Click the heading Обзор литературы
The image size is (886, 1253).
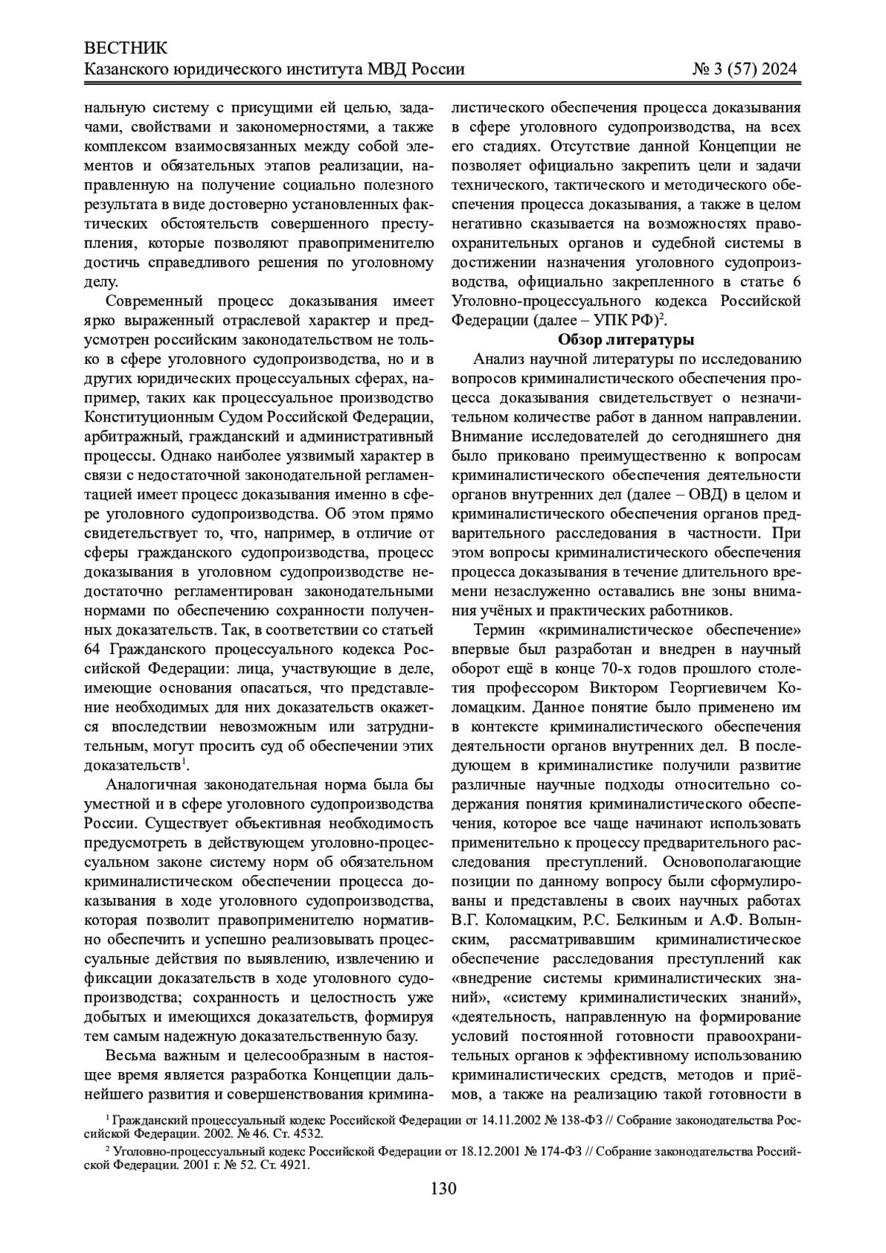point(626,340)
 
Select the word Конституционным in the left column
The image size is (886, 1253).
point(144,416)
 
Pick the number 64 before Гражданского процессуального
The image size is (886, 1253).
point(94,648)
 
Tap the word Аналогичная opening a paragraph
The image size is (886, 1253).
point(156,783)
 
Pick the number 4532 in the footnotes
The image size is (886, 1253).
point(303,1132)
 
